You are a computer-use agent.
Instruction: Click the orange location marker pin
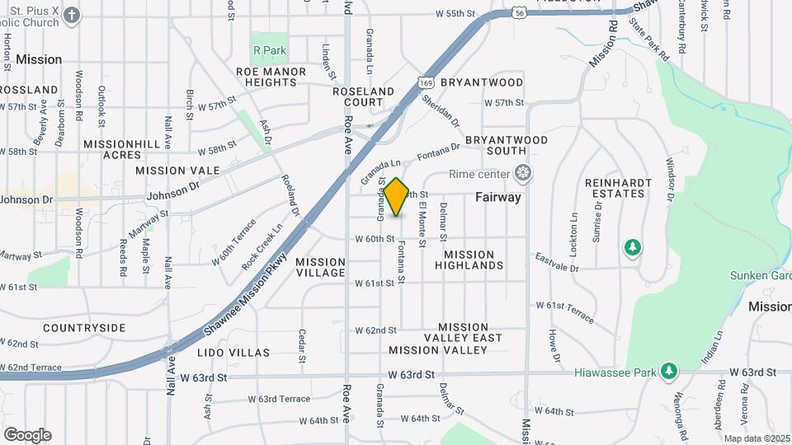396,197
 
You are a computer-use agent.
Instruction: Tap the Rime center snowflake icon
521,174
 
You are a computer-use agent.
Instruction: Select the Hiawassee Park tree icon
669,372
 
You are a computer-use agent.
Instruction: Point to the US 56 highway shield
517,13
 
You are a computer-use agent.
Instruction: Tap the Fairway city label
498,198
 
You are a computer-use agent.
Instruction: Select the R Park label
270,51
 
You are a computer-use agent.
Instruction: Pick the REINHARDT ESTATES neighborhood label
614,187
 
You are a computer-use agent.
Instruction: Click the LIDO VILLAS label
233,353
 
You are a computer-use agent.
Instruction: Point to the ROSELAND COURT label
364,96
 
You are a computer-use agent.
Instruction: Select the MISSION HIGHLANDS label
469,260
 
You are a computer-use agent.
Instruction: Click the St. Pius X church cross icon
73,15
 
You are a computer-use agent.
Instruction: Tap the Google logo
26,435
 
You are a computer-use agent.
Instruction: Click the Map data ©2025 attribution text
757,438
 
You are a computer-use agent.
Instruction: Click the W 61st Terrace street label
564,311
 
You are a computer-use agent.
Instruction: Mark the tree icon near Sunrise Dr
633,247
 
